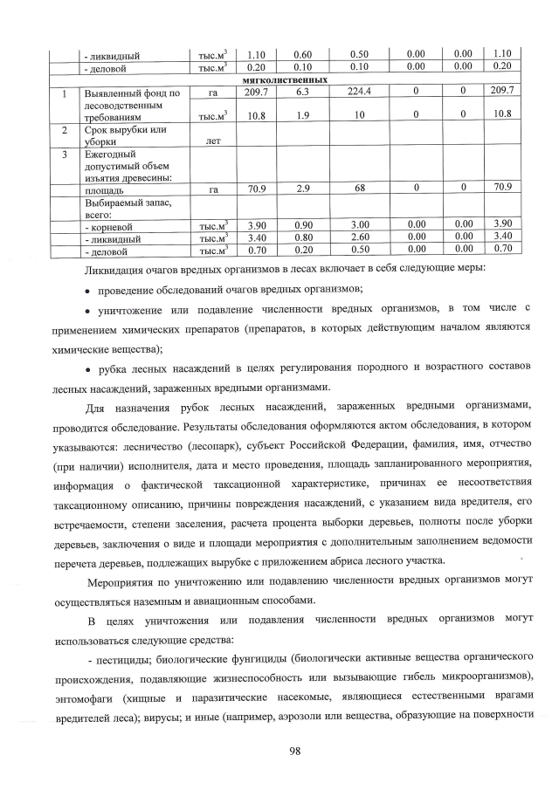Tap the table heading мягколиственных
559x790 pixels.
click(291, 79)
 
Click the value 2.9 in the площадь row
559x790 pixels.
click(303, 187)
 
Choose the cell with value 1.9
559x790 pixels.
click(303, 114)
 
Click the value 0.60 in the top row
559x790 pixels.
click(303, 54)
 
